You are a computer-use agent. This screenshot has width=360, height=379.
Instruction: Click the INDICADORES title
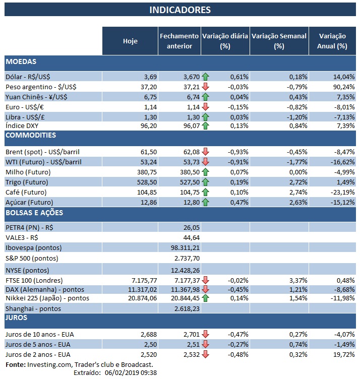tap(180, 10)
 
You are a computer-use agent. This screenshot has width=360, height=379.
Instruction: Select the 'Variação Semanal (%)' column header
tap(278, 41)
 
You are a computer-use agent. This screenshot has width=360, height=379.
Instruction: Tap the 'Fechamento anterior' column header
tap(179, 41)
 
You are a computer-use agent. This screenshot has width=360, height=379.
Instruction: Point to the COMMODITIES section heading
tap(30, 136)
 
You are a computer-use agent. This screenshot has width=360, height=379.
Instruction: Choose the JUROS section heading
tap(17, 318)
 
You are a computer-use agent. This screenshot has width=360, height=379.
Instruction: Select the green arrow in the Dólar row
tap(205, 77)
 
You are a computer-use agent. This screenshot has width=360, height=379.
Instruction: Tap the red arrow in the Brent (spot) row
tap(205, 152)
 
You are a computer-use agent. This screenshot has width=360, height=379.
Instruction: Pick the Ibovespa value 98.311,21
tap(186, 247)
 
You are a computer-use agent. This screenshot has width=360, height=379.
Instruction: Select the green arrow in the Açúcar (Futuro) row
tap(205, 202)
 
